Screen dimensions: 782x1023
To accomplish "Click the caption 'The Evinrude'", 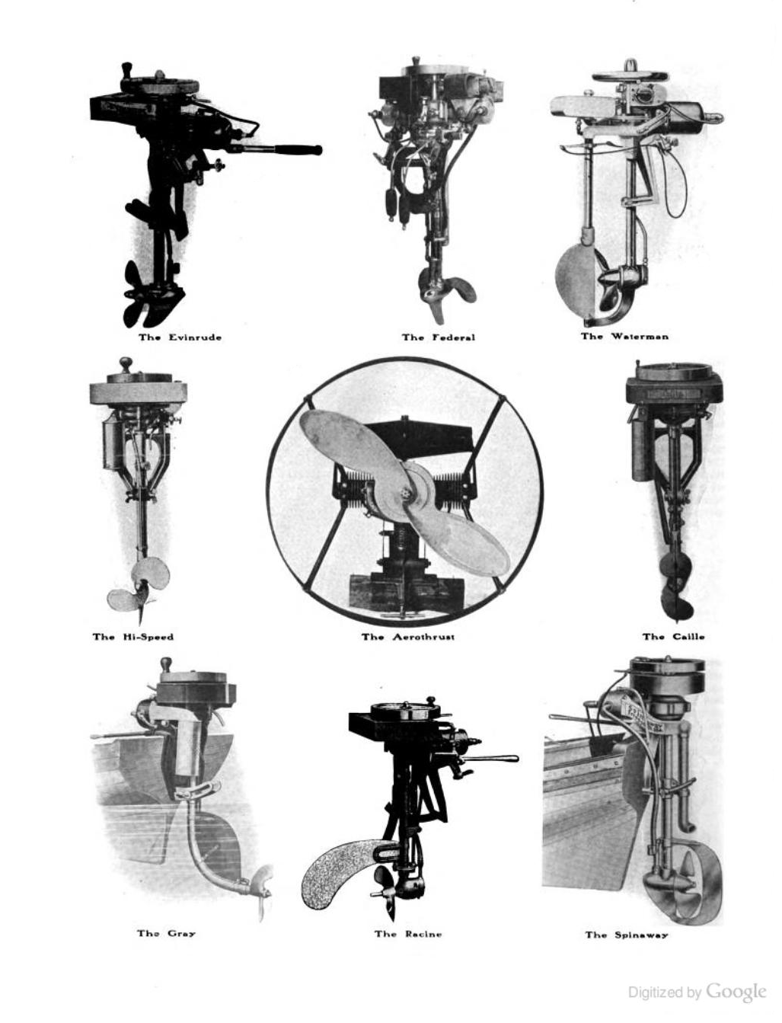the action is click(180, 337).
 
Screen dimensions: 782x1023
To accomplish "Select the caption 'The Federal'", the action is click(439, 337).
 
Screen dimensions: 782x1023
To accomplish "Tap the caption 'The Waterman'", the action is click(624, 336).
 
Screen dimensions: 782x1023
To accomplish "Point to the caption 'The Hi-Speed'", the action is click(132, 637).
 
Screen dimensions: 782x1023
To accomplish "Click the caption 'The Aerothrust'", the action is click(408, 637).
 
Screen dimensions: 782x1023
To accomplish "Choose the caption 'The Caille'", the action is click(673, 637).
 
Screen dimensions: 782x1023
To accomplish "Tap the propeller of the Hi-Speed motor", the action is click(138, 592).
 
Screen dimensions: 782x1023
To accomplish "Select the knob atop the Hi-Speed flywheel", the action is click(126, 363).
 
